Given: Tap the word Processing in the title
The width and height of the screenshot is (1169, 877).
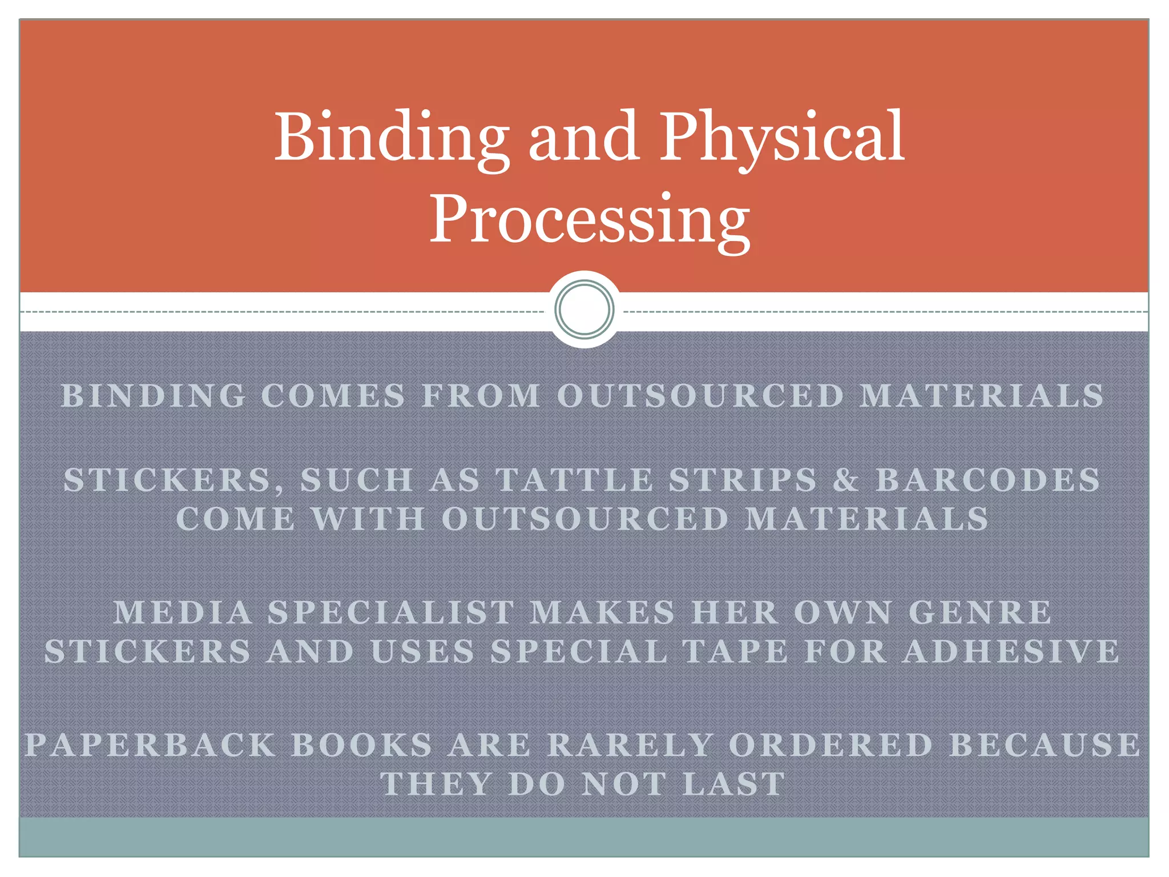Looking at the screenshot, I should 589,220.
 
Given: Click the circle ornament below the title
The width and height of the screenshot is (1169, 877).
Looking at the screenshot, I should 584,309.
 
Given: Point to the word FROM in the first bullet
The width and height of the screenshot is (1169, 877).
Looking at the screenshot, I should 481,396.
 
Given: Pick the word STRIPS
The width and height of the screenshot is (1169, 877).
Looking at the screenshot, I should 743,480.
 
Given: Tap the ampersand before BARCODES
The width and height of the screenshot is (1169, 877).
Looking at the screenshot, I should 846,480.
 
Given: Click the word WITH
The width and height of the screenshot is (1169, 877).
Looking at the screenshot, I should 368,519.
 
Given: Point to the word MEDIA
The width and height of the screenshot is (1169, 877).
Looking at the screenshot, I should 183,613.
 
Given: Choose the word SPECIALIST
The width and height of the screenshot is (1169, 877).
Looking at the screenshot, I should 391,613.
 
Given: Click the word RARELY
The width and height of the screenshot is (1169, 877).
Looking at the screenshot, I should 630,745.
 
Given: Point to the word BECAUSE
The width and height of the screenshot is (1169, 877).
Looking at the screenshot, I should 1045,745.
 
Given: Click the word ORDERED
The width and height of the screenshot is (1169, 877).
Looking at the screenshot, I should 831,745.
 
